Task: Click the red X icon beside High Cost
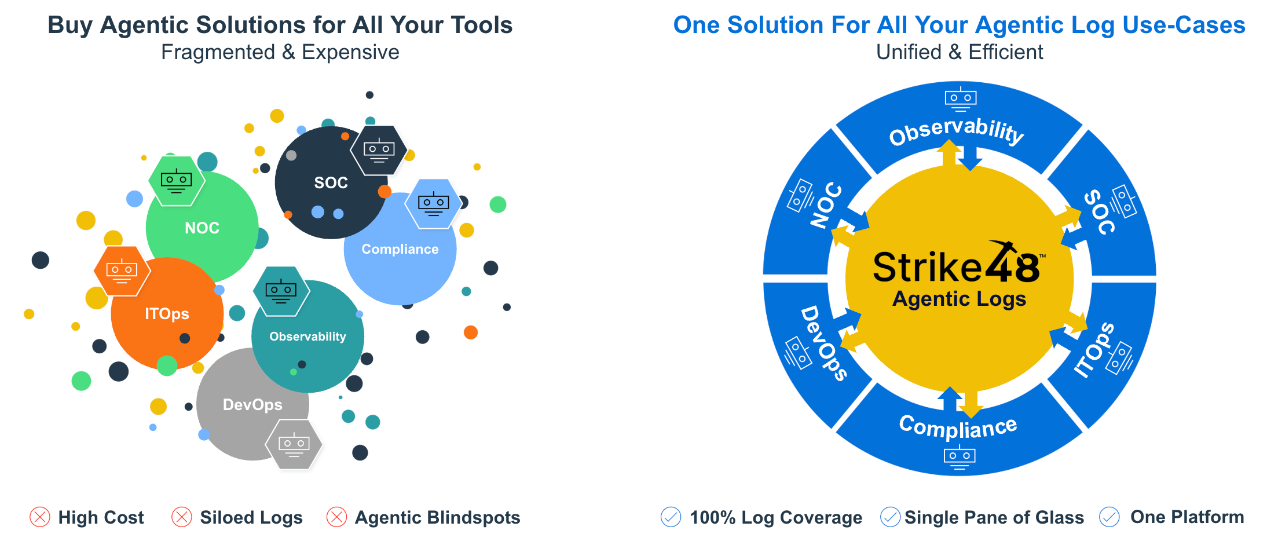[x=40, y=517]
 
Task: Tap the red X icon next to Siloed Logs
[x=182, y=517]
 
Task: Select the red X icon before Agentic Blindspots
[x=336, y=517]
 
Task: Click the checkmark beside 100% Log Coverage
[x=671, y=517]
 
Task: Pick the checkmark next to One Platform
[x=1109, y=517]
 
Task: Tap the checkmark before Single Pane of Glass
[x=890, y=517]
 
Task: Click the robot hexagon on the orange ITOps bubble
[x=122, y=271]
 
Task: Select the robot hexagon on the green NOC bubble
[x=177, y=181]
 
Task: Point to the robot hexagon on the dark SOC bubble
[x=379, y=151]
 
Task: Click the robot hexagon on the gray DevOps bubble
[x=294, y=444]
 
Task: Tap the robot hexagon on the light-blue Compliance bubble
[x=433, y=204]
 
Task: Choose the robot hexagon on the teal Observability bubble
[x=281, y=291]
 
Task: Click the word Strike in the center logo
[x=927, y=268]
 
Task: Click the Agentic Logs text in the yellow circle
[x=959, y=299]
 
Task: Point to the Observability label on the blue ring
[x=956, y=131]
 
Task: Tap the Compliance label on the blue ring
[x=958, y=427]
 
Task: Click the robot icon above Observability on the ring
[x=961, y=99]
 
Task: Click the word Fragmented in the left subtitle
[x=218, y=52]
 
